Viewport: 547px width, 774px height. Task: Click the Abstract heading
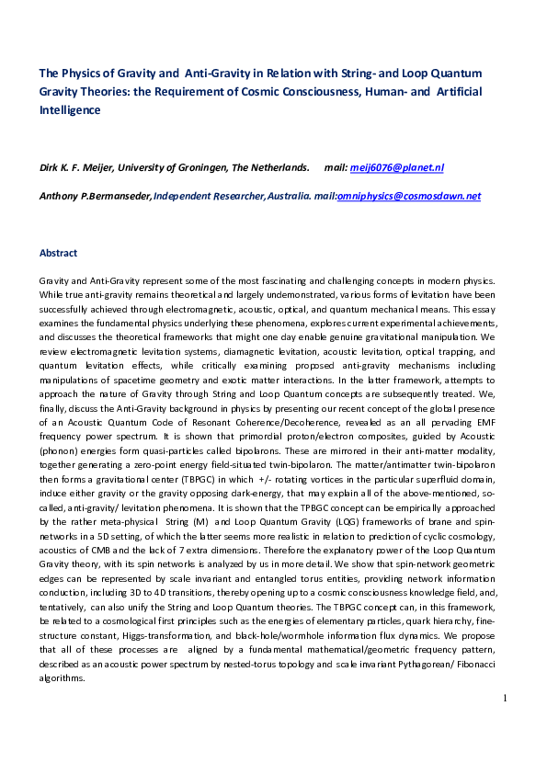point(58,253)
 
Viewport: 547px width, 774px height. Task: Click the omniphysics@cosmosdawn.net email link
point(409,196)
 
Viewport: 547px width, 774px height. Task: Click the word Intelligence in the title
point(69,109)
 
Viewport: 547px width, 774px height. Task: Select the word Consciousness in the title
point(333,91)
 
